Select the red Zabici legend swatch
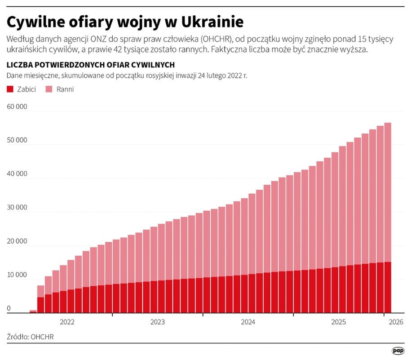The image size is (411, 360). coord(10,89)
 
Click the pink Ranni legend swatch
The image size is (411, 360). coord(49,89)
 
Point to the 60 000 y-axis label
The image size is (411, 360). coord(17,107)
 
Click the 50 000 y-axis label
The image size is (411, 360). coord(17,140)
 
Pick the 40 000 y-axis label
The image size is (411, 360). coord(17,174)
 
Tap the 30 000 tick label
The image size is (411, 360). coord(17,208)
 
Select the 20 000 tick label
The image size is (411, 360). coord(17,242)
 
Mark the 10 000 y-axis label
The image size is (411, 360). coord(17,275)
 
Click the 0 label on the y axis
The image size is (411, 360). coord(9,309)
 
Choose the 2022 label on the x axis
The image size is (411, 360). coord(67,322)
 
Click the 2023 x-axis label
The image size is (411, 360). coord(157,322)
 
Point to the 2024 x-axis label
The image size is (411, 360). coord(248,322)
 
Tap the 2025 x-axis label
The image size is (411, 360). coord(338,322)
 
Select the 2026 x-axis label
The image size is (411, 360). coord(396,322)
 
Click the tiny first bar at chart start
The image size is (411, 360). coord(33,311)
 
